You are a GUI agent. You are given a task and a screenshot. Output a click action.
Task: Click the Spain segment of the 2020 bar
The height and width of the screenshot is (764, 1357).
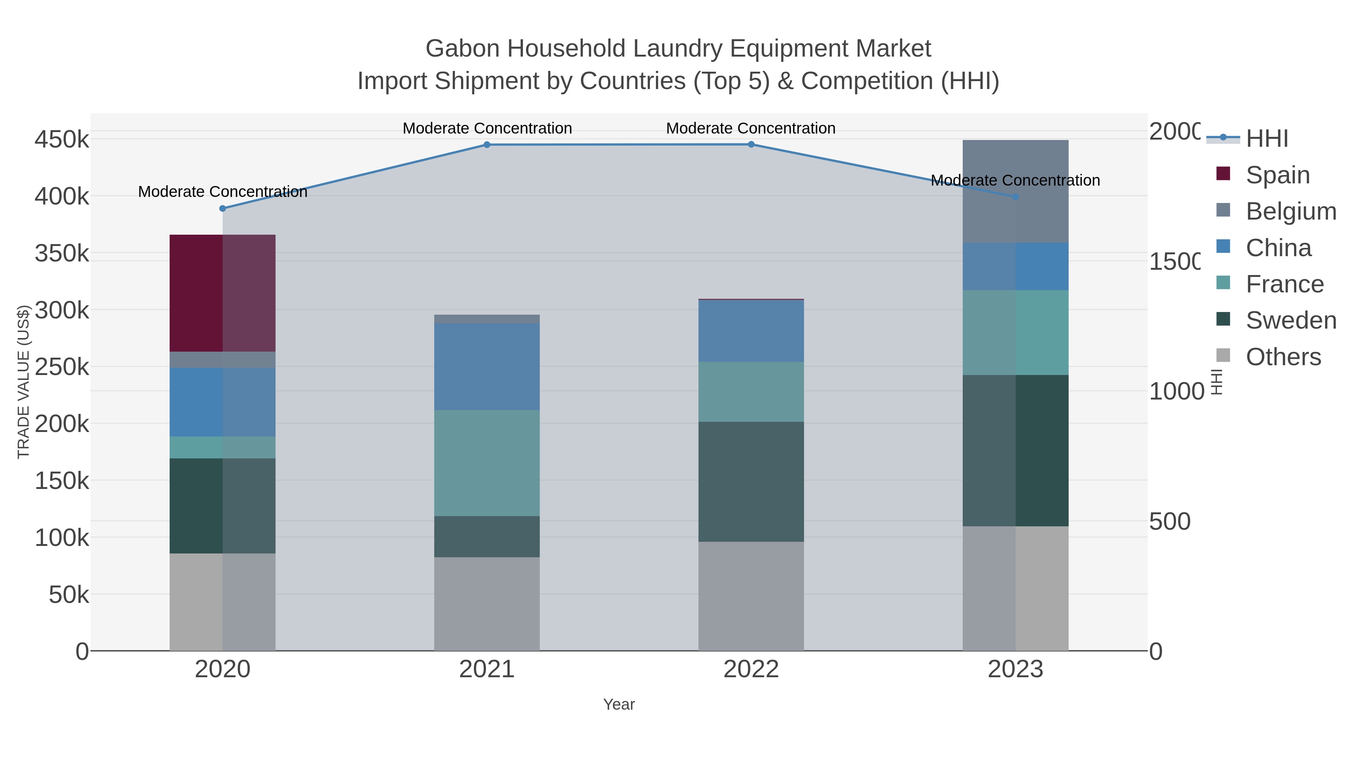click(x=222, y=293)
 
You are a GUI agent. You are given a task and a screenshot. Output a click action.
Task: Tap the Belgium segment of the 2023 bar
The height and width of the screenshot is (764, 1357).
click(x=1015, y=191)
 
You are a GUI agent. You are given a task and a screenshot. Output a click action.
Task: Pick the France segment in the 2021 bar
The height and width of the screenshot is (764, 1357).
click(x=487, y=463)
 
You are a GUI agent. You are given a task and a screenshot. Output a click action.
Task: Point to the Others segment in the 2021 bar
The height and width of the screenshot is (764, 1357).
click(x=487, y=604)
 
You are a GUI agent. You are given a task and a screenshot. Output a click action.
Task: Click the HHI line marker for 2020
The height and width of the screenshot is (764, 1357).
click(x=222, y=208)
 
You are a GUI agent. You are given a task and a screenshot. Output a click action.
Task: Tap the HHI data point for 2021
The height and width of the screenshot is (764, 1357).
click(x=487, y=144)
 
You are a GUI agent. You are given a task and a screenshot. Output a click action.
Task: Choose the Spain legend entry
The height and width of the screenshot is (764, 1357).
click(x=1277, y=175)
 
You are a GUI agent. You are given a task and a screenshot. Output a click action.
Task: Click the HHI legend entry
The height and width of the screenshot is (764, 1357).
click(x=1267, y=138)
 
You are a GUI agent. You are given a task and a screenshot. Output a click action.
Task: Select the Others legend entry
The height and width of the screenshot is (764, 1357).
click(x=1283, y=357)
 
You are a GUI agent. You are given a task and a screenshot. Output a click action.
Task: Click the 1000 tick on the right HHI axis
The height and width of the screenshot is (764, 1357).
click(x=1176, y=391)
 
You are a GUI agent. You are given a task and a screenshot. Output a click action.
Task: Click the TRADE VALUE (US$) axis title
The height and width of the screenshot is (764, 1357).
click(x=23, y=382)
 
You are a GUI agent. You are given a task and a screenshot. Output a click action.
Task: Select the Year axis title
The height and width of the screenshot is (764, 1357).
click(x=619, y=704)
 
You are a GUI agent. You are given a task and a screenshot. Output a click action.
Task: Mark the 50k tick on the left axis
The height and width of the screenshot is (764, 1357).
click(x=69, y=595)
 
